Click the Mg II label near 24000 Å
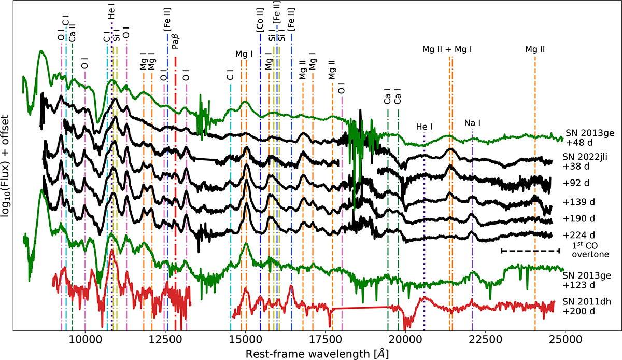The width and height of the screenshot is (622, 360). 535,50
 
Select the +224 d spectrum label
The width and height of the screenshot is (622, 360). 575,233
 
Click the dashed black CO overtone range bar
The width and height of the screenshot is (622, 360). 530,251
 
